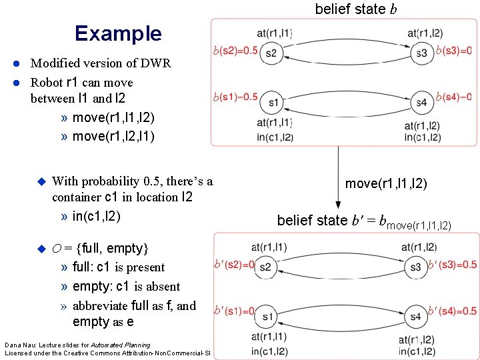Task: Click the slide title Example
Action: [118, 33]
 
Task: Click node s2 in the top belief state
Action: [271, 53]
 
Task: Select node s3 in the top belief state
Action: [421, 53]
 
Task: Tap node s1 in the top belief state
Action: [273, 102]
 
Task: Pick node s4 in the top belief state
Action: [421, 102]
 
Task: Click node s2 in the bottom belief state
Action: [266, 267]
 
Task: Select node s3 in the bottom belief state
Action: [416, 267]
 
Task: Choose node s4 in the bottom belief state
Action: [416, 316]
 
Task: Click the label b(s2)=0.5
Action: [235, 51]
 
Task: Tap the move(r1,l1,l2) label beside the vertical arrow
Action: [386, 183]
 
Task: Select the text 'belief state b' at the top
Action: [350, 9]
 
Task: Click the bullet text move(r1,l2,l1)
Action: [113, 136]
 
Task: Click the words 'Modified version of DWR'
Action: [101, 63]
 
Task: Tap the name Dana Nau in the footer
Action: [17, 345]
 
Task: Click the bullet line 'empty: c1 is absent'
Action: [126, 287]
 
